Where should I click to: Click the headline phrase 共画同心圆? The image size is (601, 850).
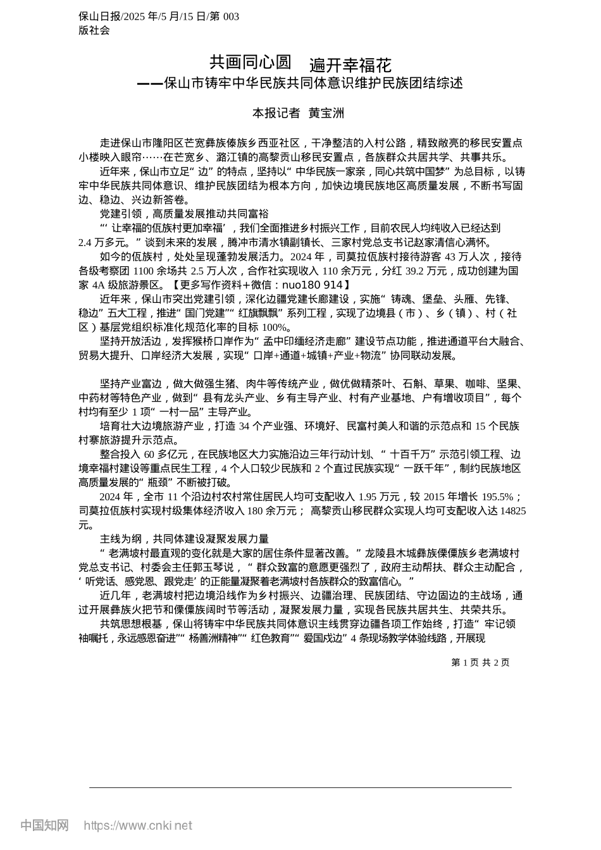251,62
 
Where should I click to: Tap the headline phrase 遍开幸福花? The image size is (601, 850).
350,65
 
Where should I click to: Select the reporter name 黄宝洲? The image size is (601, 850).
326,113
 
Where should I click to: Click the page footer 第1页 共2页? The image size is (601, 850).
480,662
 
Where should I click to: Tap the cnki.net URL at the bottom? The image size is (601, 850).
138,825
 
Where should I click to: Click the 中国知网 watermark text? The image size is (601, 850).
44,825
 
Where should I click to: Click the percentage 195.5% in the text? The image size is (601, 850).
497,496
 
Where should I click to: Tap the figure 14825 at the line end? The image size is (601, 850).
512,511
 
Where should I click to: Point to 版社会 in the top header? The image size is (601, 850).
94,30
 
